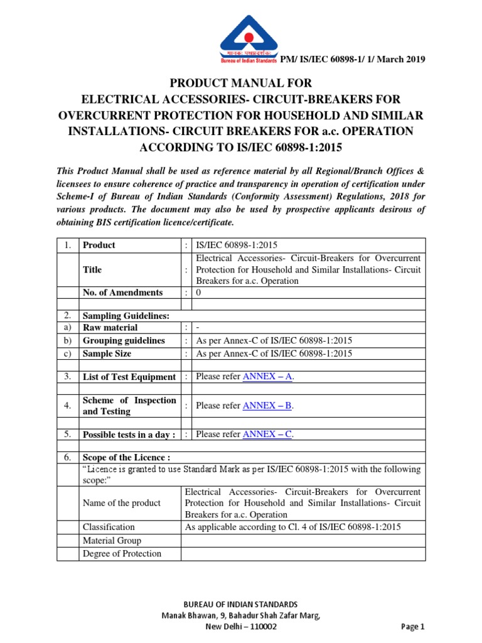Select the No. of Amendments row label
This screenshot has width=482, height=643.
122,293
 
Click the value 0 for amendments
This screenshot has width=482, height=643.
199,293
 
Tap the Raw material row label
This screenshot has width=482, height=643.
110,328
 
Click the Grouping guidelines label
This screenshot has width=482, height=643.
124,340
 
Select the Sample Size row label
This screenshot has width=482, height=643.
107,354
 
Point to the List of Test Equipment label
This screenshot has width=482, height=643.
129,377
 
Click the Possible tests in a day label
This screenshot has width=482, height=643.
129,435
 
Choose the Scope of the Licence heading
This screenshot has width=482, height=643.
126,458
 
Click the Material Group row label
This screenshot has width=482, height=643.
112,541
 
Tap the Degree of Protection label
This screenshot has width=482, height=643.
122,553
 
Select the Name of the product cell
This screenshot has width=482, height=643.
121,503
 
